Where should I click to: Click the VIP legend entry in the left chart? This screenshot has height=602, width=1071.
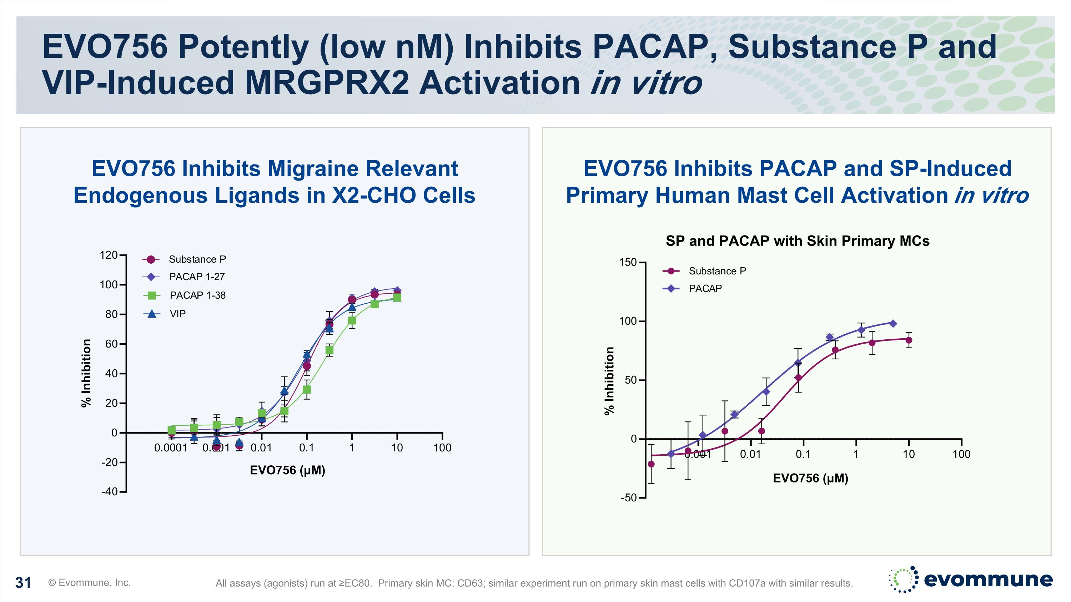click(x=177, y=314)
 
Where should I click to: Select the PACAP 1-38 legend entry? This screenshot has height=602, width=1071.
click(x=197, y=295)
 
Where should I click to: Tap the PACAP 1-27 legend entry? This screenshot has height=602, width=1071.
click(x=196, y=277)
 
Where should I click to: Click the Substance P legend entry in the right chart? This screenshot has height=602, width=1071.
click(x=717, y=271)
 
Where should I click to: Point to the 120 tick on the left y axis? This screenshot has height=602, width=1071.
click(x=109, y=255)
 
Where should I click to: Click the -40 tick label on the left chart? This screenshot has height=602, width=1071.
click(x=110, y=491)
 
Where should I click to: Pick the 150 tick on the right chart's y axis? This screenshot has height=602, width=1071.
click(x=628, y=262)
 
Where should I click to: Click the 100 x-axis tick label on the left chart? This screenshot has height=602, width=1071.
click(x=442, y=447)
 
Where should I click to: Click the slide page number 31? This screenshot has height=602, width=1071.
click(x=23, y=583)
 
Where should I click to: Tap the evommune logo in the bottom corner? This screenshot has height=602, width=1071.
click(x=971, y=579)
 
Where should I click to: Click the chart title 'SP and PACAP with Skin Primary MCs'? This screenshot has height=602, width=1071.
click(x=798, y=241)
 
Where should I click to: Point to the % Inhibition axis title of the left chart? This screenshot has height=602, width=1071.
click(x=86, y=373)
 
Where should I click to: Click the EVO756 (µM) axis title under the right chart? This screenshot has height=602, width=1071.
click(x=810, y=478)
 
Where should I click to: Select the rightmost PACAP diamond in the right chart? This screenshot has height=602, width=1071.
click(x=892, y=324)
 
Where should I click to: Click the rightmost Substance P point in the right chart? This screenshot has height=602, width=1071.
click(x=909, y=340)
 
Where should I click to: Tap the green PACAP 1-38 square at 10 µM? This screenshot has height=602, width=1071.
click(x=397, y=298)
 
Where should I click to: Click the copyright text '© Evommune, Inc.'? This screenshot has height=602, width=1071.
click(x=89, y=582)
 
